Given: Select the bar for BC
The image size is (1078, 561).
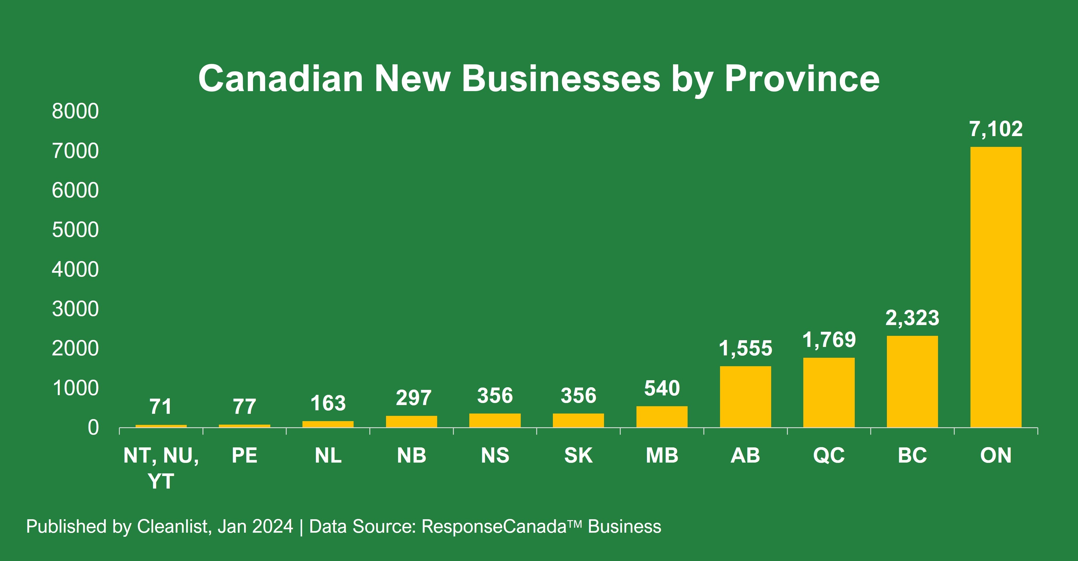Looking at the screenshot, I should (912, 381).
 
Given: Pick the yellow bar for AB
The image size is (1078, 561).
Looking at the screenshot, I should (745, 397).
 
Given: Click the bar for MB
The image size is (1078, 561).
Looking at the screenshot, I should (662, 417).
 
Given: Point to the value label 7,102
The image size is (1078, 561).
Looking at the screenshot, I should (996, 129).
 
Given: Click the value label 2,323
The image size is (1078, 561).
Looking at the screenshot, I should (912, 318).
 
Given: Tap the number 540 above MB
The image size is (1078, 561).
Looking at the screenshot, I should (662, 388).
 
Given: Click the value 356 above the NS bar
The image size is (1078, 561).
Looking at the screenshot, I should (495, 396).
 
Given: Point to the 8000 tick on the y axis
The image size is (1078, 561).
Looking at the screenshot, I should (75, 111).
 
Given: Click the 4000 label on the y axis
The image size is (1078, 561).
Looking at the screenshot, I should (75, 270).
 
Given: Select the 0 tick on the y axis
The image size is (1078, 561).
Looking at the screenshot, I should (93, 428).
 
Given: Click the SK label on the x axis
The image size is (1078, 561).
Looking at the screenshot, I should (578, 455).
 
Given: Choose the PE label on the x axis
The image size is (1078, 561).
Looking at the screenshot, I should (244, 455).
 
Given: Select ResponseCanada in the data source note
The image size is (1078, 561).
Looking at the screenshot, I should (494, 526).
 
